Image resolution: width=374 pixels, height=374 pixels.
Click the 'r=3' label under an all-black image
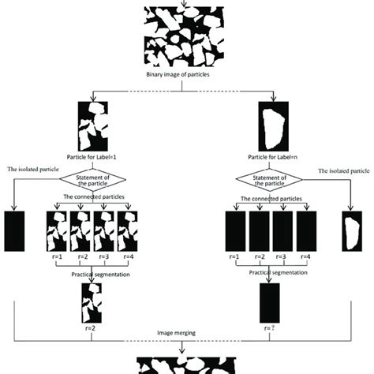[x=282, y=257]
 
